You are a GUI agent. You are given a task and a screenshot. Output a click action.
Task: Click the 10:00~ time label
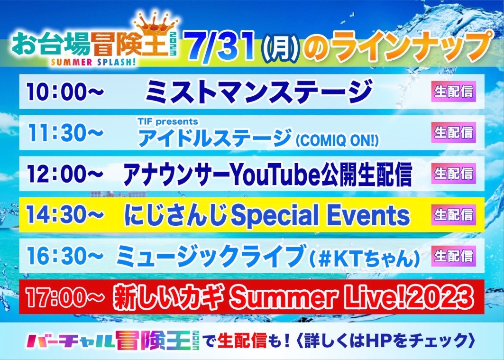tap(65, 92)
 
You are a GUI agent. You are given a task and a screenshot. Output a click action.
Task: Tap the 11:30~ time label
tap(65, 132)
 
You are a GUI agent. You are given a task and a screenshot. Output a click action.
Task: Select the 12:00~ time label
tap(65, 174)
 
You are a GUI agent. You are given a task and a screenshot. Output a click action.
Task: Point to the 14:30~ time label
tap(65, 215)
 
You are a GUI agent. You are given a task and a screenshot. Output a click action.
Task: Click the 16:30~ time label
tap(65, 256)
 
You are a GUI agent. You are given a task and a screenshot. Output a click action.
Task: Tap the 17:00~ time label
tap(65, 297)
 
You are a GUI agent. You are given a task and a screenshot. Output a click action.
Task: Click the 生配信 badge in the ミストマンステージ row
tap(454, 92)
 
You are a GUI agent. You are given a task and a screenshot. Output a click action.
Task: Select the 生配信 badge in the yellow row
tap(454, 215)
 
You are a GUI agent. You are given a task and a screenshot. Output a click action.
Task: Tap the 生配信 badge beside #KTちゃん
tap(454, 256)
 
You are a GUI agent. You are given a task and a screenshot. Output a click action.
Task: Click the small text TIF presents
tap(168, 121)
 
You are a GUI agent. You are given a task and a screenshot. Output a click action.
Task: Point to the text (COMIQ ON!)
tap(337, 140)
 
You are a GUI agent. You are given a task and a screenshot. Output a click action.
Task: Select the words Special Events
tap(321, 216)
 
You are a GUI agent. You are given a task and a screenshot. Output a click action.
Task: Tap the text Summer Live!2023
tap(352, 298)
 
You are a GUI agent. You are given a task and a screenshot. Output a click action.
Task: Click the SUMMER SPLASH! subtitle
tap(93, 62)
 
